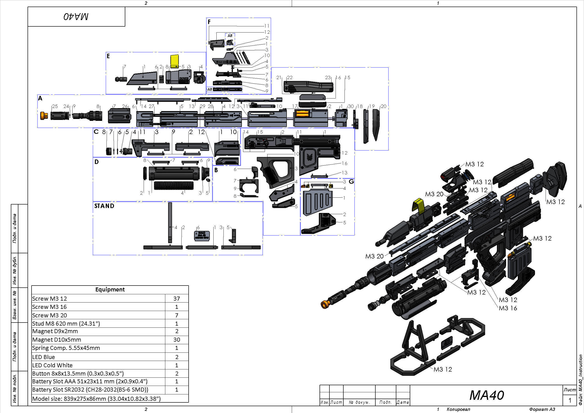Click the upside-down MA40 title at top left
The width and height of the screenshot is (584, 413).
click(76, 16)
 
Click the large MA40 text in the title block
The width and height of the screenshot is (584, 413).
click(486, 395)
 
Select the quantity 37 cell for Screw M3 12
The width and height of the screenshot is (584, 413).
click(177, 299)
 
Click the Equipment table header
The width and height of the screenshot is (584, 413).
click(110, 290)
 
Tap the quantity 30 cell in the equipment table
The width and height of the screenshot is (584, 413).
click(177, 340)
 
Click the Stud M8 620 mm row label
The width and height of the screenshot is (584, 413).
click(66, 324)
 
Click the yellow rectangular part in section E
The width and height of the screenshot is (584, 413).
click(174, 61)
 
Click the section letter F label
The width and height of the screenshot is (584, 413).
click(209, 22)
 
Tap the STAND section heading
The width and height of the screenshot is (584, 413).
click(104, 206)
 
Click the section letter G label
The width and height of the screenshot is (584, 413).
click(351, 182)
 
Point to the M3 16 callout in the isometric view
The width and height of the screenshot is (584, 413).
click(508, 308)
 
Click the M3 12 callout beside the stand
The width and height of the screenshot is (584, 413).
click(442, 369)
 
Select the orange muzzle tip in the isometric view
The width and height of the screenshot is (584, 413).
click(325, 304)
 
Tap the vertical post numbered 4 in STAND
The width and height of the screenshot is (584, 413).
click(170, 223)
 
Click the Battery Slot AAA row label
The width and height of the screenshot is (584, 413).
click(90, 381)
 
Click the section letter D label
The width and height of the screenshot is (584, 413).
click(96, 162)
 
